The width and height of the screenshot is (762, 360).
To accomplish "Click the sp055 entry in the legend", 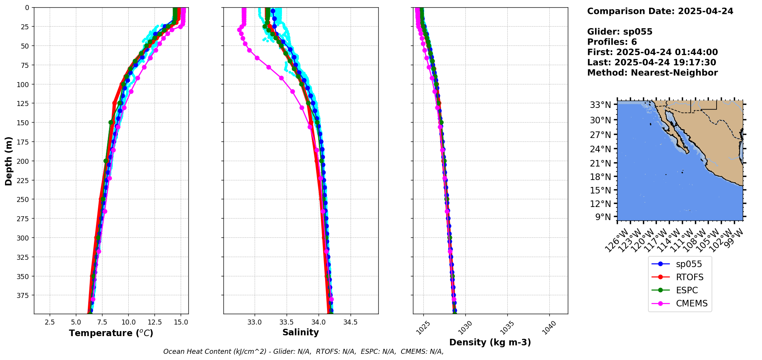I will (x=688, y=264).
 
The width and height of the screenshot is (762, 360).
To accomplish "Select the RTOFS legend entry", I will (x=689, y=277).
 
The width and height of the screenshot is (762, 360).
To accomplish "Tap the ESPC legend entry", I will (x=687, y=290).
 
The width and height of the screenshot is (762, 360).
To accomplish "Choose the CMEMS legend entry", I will (x=692, y=303).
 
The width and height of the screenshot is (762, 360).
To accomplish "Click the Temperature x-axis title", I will (x=111, y=333).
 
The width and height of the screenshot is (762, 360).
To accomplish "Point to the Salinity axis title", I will (x=300, y=332).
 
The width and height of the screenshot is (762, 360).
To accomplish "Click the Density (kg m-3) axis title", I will (x=490, y=342).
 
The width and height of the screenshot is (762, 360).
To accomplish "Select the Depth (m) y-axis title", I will (x=8, y=161).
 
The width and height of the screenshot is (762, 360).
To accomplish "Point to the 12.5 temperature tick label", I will (x=155, y=322).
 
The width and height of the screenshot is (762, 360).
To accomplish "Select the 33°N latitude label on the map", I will (x=600, y=105).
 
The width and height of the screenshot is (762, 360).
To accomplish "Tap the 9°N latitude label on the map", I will (x=603, y=217).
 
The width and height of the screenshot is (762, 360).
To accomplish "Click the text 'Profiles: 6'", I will (x=612, y=42).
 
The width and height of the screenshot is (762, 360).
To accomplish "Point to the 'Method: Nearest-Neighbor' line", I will (x=652, y=73).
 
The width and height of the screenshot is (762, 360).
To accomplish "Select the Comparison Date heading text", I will (x=660, y=11).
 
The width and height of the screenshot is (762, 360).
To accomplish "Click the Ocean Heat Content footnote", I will (x=303, y=352).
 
